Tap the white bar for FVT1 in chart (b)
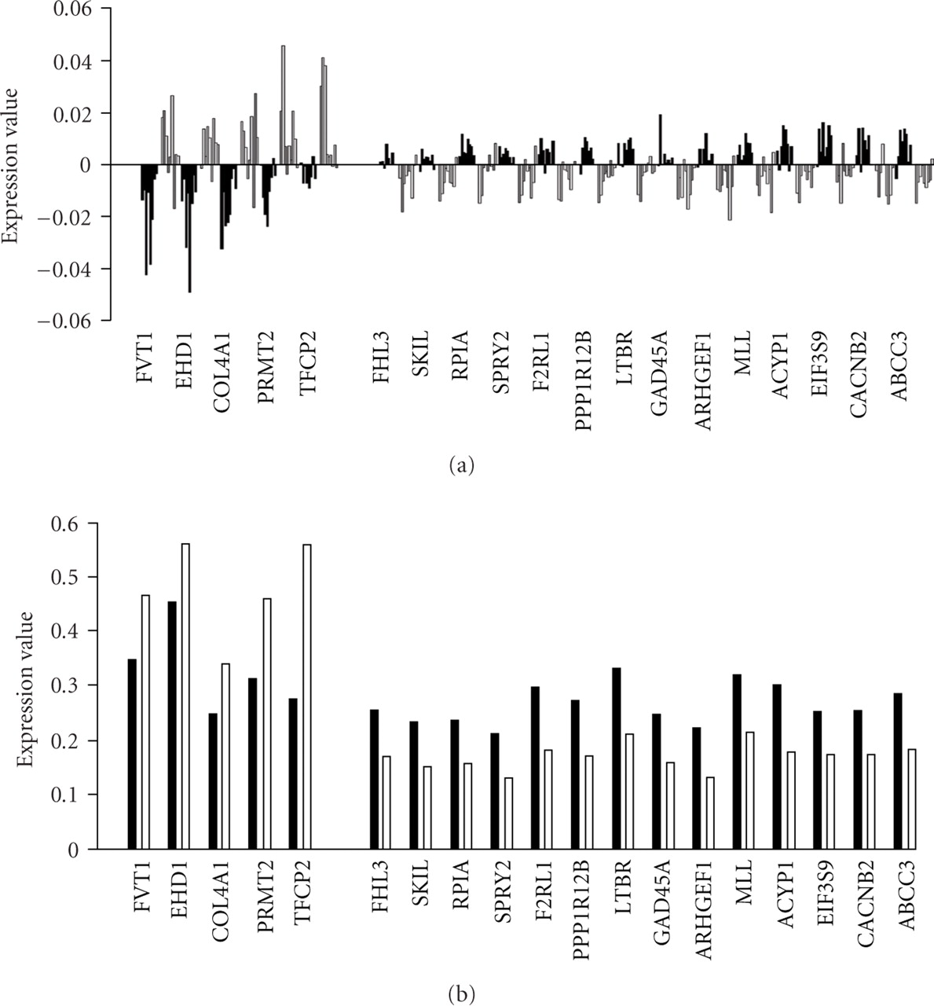145,722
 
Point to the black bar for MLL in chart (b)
737,762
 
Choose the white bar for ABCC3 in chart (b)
911,799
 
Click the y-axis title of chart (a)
12,164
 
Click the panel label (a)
461,465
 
